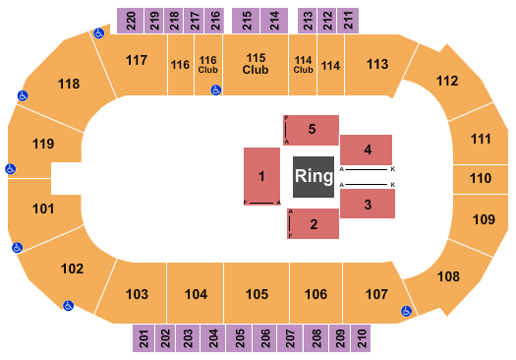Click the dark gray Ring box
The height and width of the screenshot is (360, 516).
tap(314, 177)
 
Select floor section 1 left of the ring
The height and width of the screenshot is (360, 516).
tap(262, 176)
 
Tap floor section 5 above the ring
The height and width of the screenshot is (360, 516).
tap(312, 129)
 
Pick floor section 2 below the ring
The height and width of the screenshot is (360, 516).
tap(312, 224)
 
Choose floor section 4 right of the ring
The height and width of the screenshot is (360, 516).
tap(368, 150)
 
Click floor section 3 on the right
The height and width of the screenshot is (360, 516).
tap(368, 204)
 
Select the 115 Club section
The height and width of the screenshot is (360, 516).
tap(257, 64)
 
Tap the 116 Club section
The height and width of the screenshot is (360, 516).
tap(207, 64)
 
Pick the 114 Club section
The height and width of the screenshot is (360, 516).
tap(304, 64)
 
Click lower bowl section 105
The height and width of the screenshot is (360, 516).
tap(257, 294)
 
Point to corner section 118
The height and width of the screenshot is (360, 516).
tap(68, 85)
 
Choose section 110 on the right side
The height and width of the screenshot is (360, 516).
tap(480, 179)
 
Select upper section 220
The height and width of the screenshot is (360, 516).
tap(127, 18)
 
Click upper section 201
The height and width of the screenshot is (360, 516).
tap(143, 339)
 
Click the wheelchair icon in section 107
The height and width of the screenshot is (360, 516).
tap(406, 311)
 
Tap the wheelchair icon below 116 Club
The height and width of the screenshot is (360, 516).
tap(215, 90)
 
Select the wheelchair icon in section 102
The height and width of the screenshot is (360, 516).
tap(69, 305)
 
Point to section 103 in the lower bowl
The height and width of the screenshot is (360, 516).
tap(138, 294)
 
